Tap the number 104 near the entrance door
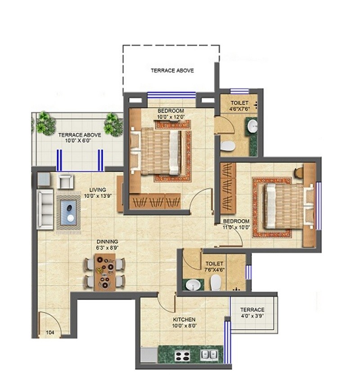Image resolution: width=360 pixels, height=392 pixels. [50, 333]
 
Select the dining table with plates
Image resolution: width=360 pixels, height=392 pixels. [104, 273]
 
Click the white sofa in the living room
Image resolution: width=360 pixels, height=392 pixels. [45, 209]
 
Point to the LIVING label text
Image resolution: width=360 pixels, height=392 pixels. [97, 190]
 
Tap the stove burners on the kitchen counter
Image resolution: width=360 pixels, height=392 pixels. [182, 355]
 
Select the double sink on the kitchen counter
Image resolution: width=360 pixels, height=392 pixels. [208, 355]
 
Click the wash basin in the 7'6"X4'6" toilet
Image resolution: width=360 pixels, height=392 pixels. [194, 285]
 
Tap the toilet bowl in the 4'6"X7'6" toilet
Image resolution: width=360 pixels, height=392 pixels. [228, 146]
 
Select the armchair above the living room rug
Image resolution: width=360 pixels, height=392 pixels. [66, 181]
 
